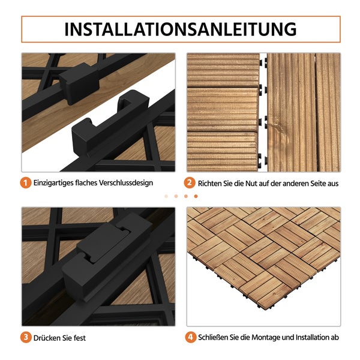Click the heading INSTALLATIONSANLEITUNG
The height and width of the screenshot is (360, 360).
point(180,29)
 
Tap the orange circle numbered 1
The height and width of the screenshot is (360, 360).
point(26,183)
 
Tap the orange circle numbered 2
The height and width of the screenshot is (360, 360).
point(190,183)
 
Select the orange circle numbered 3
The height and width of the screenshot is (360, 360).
point(26,337)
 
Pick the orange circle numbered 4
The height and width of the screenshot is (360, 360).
point(190,337)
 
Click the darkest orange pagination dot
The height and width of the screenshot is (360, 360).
point(195,196)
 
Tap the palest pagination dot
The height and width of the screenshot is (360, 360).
point(166,196)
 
